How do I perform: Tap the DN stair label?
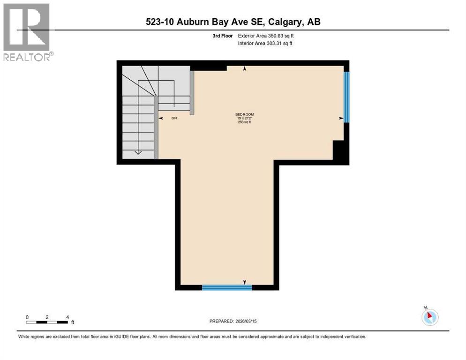173,118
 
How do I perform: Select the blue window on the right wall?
346,97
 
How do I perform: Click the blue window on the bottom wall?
226,287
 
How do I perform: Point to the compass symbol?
429,317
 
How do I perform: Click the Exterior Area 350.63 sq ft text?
266,36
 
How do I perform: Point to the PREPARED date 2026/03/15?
233,321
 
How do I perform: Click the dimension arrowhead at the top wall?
244,69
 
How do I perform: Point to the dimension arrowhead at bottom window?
244,282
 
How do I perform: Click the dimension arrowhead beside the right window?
341,119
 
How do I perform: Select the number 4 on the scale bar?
68,317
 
